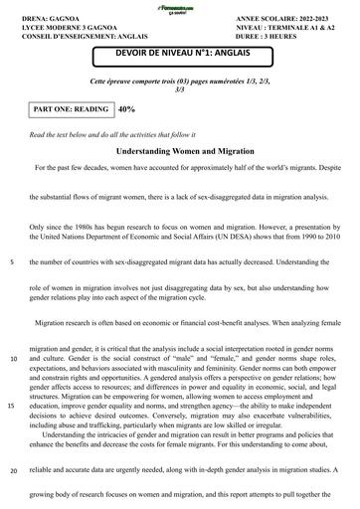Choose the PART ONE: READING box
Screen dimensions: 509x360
pyautogui.click(x=71, y=108)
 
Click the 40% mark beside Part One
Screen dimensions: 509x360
pyautogui.click(x=127, y=108)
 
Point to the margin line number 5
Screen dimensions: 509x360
pyautogui.click(x=11, y=262)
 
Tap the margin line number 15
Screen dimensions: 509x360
pyautogui.click(x=12, y=406)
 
